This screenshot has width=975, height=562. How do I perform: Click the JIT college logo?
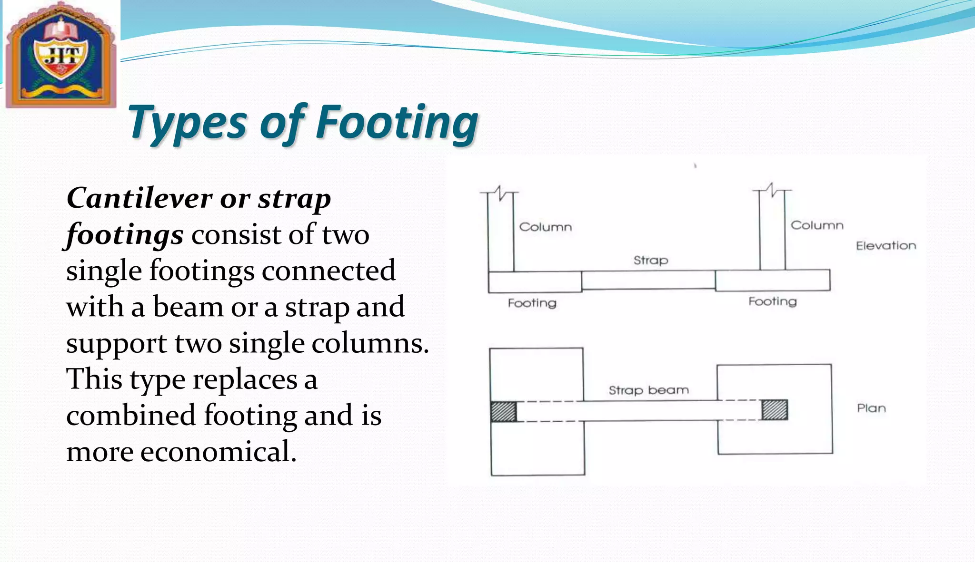click(61, 55)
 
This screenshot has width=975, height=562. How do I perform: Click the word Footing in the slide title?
click(397, 123)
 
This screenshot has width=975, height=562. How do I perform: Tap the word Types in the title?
click(187, 123)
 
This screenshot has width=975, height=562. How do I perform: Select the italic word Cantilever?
click(139, 198)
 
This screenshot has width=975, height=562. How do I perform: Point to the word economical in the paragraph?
click(218, 451)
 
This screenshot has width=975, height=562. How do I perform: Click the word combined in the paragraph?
click(131, 415)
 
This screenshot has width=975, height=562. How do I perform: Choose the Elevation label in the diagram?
click(885, 246)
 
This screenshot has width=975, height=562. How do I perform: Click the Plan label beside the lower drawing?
click(871, 408)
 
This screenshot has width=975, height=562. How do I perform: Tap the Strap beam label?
click(648, 390)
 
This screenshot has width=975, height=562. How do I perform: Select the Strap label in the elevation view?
click(650, 260)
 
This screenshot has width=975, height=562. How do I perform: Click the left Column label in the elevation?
click(545, 227)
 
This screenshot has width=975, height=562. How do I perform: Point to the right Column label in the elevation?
click(817, 225)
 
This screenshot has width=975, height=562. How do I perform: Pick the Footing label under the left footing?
click(532, 303)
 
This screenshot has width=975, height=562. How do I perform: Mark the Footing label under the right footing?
click(772, 301)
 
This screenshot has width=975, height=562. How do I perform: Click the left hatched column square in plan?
click(504, 412)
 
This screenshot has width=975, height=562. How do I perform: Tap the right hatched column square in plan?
click(775, 410)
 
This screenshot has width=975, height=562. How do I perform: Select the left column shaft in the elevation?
click(501, 233)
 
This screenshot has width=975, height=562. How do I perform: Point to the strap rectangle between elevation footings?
click(648, 280)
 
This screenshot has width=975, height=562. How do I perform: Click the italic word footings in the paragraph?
click(125, 235)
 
